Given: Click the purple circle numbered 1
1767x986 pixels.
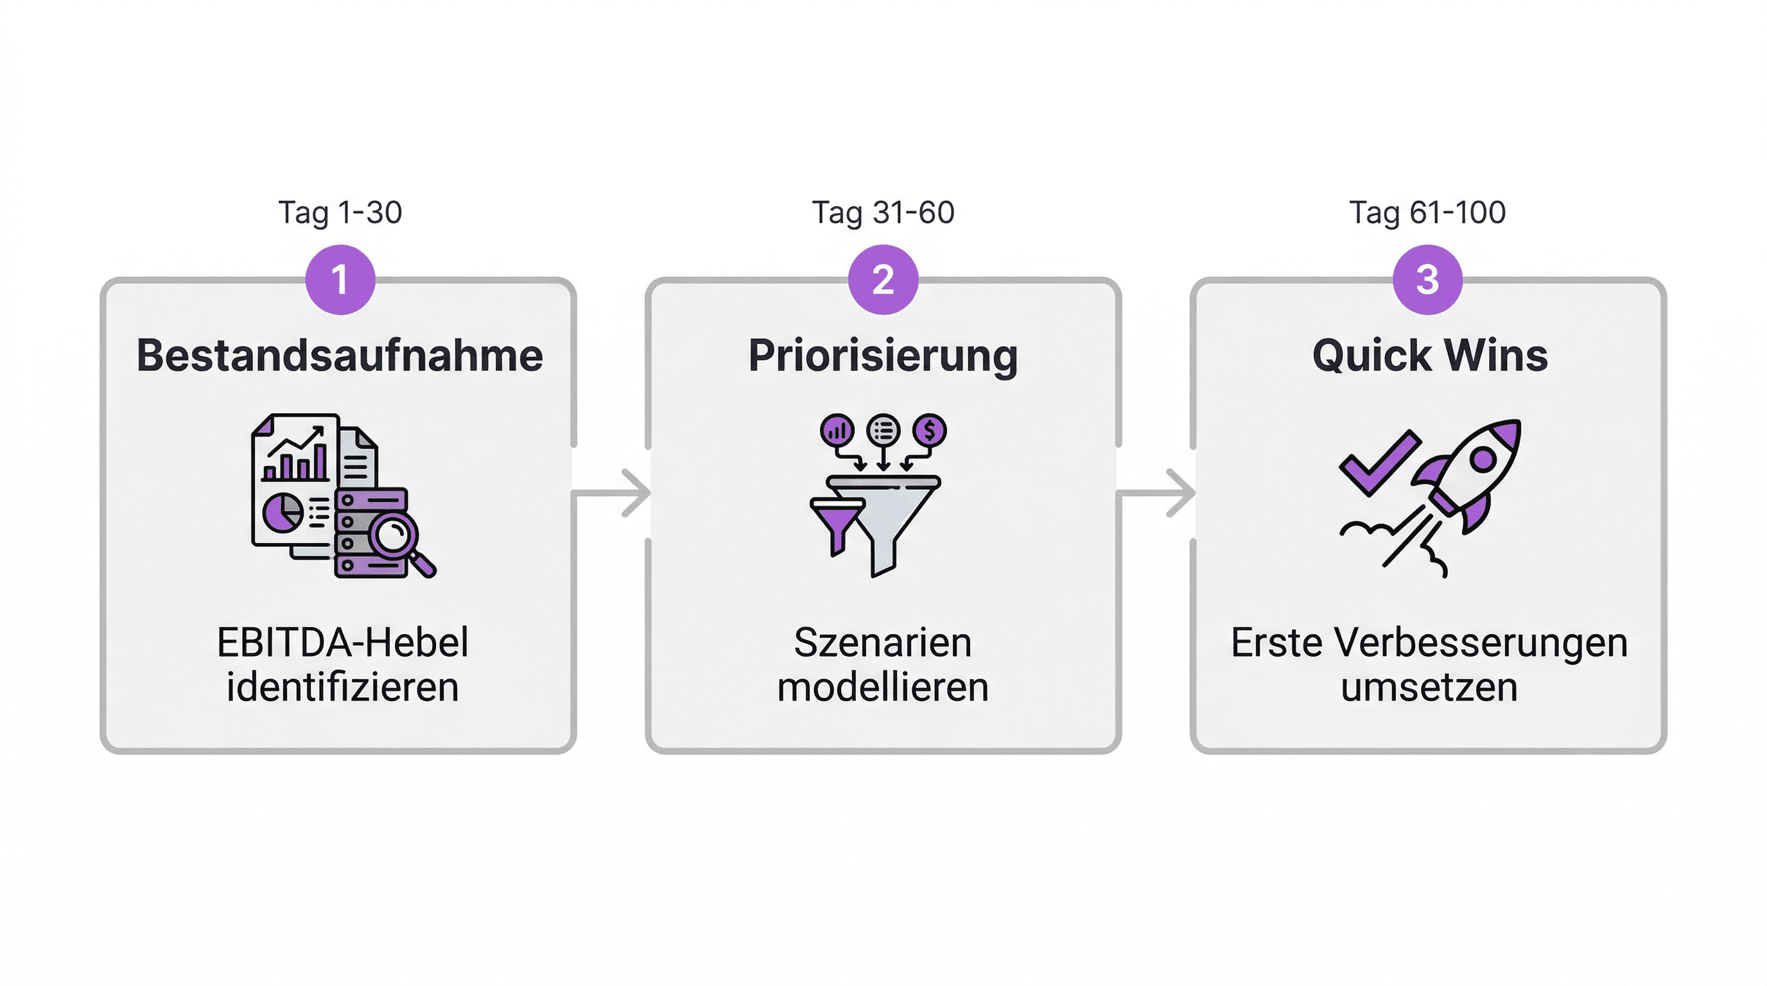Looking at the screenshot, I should (x=340, y=280).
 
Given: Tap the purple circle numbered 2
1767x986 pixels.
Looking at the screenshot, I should (x=883, y=280).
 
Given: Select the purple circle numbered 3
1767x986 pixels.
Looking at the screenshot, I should (x=1427, y=280).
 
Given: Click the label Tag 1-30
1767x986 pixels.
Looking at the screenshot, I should (x=340, y=212).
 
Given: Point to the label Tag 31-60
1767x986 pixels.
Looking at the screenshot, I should (x=883, y=212).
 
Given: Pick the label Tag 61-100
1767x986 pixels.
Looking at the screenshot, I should (x=1427, y=212).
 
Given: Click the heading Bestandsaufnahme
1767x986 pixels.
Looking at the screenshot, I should (x=340, y=356).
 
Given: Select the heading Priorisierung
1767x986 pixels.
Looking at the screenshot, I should (x=883, y=356).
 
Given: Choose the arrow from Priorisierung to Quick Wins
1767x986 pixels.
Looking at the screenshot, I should (x=1156, y=492).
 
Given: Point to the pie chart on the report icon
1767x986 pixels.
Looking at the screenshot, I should (x=283, y=512).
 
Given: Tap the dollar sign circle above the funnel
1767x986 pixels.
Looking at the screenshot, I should (x=930, y=431).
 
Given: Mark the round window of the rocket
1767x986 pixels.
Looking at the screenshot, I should (x=1483, y=460).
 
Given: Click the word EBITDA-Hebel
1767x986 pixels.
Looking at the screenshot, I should (x=342, y=643).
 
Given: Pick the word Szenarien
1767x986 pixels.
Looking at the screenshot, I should (x=883, y=643).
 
